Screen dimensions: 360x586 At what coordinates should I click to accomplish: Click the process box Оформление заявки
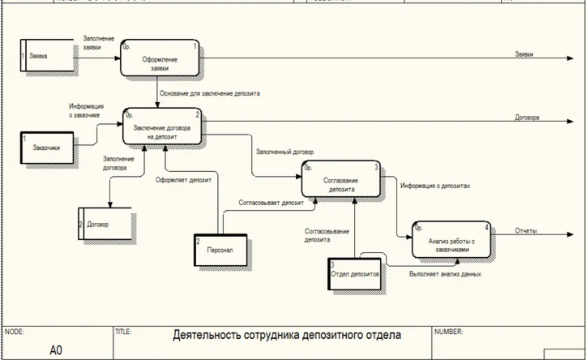coord(160,62)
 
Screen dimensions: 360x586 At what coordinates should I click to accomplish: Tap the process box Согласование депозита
coord(342,180)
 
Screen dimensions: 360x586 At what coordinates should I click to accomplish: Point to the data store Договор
coord(105,223)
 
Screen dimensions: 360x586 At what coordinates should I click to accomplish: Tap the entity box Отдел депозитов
coord(355,274)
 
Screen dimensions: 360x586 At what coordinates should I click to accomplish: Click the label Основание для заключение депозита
coord(209,94)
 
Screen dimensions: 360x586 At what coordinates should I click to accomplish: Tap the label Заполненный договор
coord(285,152)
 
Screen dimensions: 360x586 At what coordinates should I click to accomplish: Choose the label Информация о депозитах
coord(435,186)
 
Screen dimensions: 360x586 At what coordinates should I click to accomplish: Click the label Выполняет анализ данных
coord(445,274)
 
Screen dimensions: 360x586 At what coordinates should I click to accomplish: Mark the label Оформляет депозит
coord(183,180)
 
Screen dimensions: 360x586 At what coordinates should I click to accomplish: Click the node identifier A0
coord(56,349)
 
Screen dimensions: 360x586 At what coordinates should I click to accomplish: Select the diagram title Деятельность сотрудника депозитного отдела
coord(287,334)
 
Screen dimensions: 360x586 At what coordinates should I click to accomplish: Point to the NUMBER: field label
coord(448,332)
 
